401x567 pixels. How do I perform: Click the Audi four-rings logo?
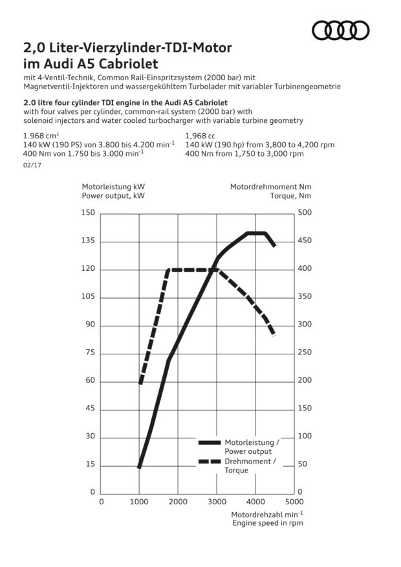tap(340, 30)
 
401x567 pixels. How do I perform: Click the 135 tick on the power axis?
tap(87, 241)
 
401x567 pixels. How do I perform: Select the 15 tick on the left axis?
tap(89, 465)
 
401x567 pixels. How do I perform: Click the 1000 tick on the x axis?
tap(139, 501)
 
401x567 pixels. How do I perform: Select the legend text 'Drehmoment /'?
tap(250, 462)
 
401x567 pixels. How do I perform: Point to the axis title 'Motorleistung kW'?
tap(109, 187)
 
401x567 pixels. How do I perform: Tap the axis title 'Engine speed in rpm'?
tap(268, 523)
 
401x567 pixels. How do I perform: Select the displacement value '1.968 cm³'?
tap(41, 136)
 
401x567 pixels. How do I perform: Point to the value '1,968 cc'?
tap(202, 136)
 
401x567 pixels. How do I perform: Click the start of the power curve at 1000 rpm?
tap(140, 465)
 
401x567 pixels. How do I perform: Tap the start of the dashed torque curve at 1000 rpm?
tap(140, 382)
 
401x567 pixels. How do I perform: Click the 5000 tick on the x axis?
tap(294, 501)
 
